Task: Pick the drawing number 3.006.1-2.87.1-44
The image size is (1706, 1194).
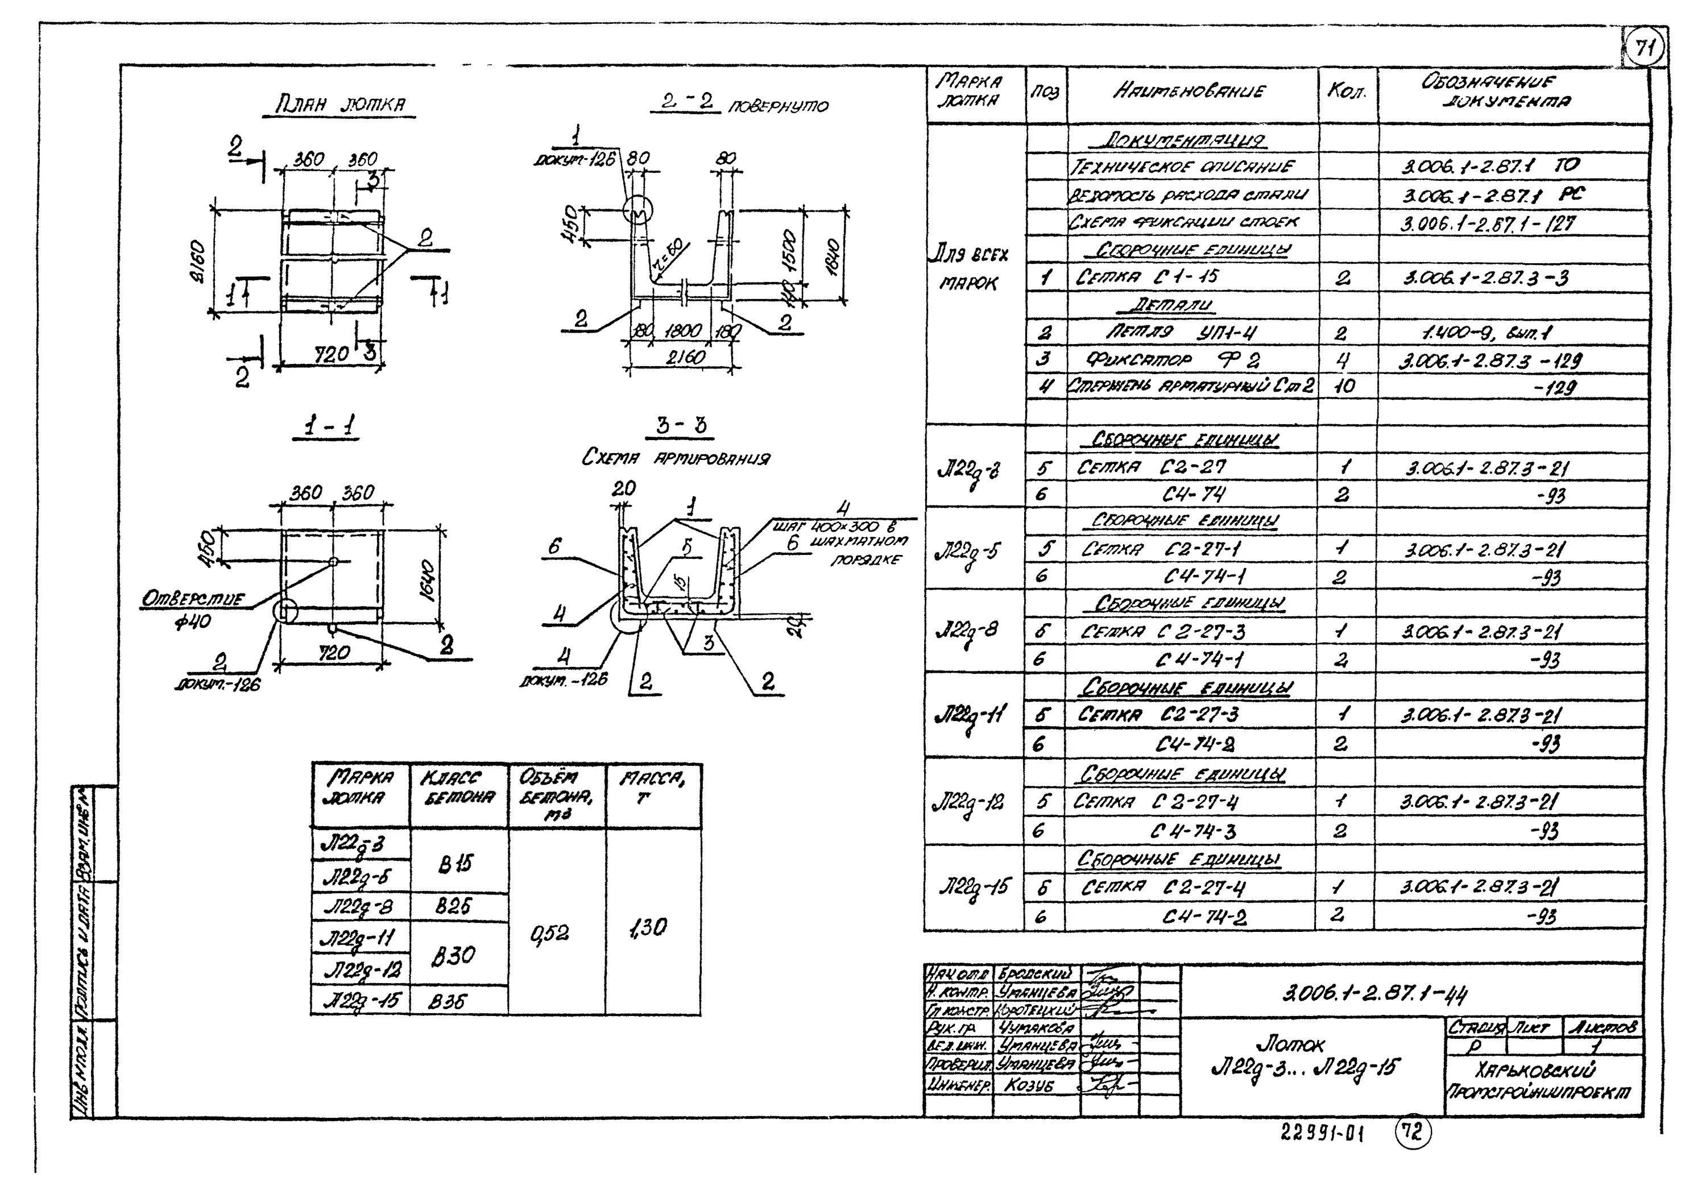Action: pyautogui.click(x=1376, y=993)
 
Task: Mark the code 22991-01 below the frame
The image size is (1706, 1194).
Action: pyautogui.click(x=1323, y=1133)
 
